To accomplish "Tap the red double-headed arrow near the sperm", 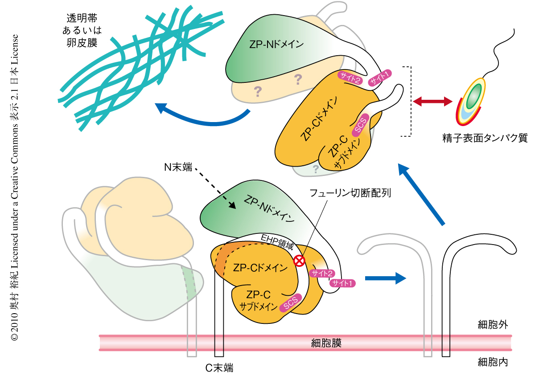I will point(432,102).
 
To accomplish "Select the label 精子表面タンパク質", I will point(482,138).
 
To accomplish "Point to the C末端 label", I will point(219,368).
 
